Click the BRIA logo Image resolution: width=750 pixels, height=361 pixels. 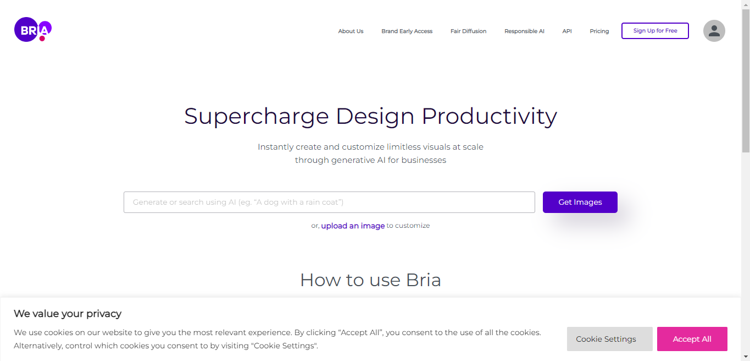33,30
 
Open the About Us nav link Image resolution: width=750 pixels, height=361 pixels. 351,31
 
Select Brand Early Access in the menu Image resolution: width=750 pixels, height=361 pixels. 407,31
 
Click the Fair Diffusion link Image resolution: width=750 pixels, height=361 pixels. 468,31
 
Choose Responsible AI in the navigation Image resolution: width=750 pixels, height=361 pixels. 524,31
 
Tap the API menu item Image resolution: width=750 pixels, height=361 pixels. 567,31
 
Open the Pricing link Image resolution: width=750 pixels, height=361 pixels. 599,31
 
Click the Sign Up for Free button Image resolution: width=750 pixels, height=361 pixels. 655,31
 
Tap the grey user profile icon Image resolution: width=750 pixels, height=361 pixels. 714,31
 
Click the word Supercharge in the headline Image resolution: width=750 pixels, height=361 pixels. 257,117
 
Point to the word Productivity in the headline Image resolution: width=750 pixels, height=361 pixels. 489,117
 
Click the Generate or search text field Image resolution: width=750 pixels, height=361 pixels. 329,202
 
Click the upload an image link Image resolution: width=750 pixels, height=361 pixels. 353,226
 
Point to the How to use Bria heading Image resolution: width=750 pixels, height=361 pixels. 370,280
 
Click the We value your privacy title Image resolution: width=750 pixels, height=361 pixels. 67,314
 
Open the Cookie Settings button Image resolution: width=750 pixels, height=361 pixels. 609,339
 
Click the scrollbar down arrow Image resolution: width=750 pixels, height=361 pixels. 746,356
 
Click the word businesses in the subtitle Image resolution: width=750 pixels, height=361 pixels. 424,160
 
